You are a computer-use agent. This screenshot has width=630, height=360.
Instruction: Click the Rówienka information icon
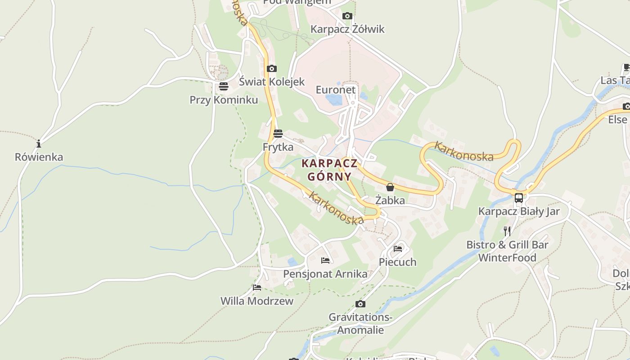click(x=39, y=144)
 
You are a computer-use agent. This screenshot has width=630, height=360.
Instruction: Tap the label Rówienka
click(x=39, y=157)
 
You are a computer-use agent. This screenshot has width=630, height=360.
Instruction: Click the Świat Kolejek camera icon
click(x=271, y=69)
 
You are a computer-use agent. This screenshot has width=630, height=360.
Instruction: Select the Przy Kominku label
click(x=224, y=100)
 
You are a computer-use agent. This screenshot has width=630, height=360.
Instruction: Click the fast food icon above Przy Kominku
click(x=224, y=86)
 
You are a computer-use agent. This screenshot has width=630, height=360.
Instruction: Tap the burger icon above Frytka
click(x=278, y=134)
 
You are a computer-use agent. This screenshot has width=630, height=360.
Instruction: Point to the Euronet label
click(x=336, y=90)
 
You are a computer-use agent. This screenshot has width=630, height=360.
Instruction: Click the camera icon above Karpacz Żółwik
click(x=347, y=16)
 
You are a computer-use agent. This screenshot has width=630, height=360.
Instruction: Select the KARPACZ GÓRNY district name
click(x=330, y=170)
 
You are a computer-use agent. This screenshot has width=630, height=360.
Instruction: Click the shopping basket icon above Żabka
click(x=390, y=187)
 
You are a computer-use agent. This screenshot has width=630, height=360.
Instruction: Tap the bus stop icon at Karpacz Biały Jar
click(x=519, y=198)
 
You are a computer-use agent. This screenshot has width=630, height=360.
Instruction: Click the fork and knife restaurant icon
click(x=507, y=231)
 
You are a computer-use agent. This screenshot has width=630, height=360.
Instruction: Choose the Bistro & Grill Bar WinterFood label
click(x=507, y=251)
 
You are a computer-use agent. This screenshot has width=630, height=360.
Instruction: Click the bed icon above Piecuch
click(x=398, y=248)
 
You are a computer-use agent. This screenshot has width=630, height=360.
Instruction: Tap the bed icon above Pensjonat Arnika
click(x=325, y=261)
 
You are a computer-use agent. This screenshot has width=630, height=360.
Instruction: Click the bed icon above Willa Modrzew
click(x=257, y=288)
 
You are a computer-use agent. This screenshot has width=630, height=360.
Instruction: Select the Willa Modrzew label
click(x=256, y=301)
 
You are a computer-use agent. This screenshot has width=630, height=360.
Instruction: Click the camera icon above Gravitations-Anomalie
click(x=360, y=304)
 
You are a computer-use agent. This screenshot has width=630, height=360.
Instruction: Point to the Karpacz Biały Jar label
click(x=519, y=211)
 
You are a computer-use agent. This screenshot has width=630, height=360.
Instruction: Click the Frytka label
click(x=278, y=147)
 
